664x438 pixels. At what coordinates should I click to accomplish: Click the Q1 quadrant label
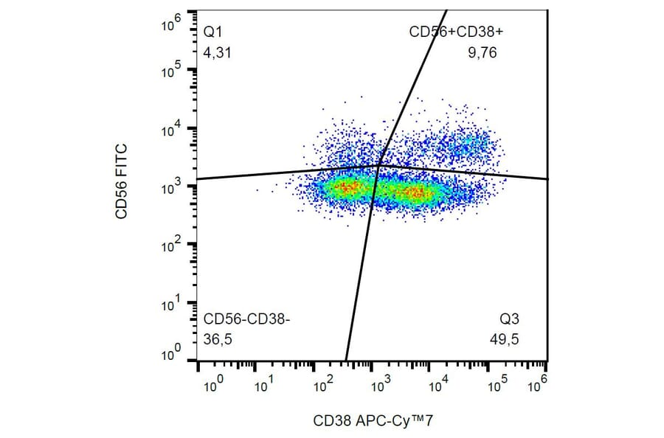pos(212,32)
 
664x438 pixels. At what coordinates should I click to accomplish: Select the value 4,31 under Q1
pos(215,53)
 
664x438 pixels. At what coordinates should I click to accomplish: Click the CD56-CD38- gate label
pos(247,319)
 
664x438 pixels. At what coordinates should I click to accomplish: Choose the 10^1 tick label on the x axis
pos(264,384)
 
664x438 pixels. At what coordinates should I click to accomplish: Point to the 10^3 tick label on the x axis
pos(380,384)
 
